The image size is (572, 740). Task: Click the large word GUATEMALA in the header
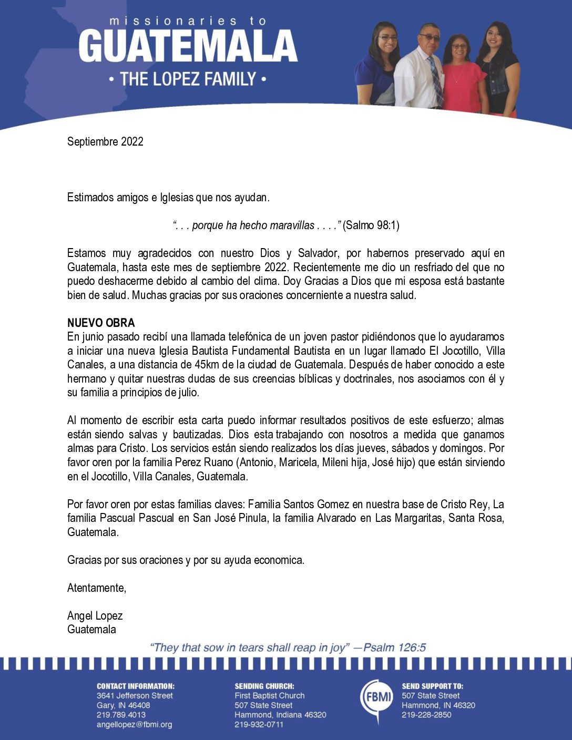[x=188, y=46]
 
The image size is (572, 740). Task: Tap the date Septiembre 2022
[x=105, y=141]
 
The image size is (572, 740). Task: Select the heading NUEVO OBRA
[x=101, y=323]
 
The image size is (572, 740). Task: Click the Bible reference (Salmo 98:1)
[x=371, y=225]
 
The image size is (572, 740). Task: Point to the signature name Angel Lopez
[x=95, y=615]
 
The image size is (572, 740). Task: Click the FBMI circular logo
[x=376, y=698]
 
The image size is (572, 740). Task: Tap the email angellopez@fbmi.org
[x=134, y=725]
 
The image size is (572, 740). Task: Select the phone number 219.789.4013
[x=121, y=715]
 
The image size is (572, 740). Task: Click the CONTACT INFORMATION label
[x=135, y=686]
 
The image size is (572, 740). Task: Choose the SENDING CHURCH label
[x=264, y=686]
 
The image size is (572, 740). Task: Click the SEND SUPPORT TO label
[x=432, y=686]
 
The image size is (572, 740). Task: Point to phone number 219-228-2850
[x=426, y=715]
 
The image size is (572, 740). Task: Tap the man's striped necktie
[x=435, y=81]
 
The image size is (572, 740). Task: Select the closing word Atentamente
[x=97, y=588]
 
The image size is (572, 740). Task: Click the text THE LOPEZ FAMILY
[x=188, y=79]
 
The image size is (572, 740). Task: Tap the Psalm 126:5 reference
[x=394, y=647]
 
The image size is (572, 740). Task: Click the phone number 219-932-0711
[x=259, y=725]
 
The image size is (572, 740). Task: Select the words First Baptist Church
[x=269, y=695]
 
